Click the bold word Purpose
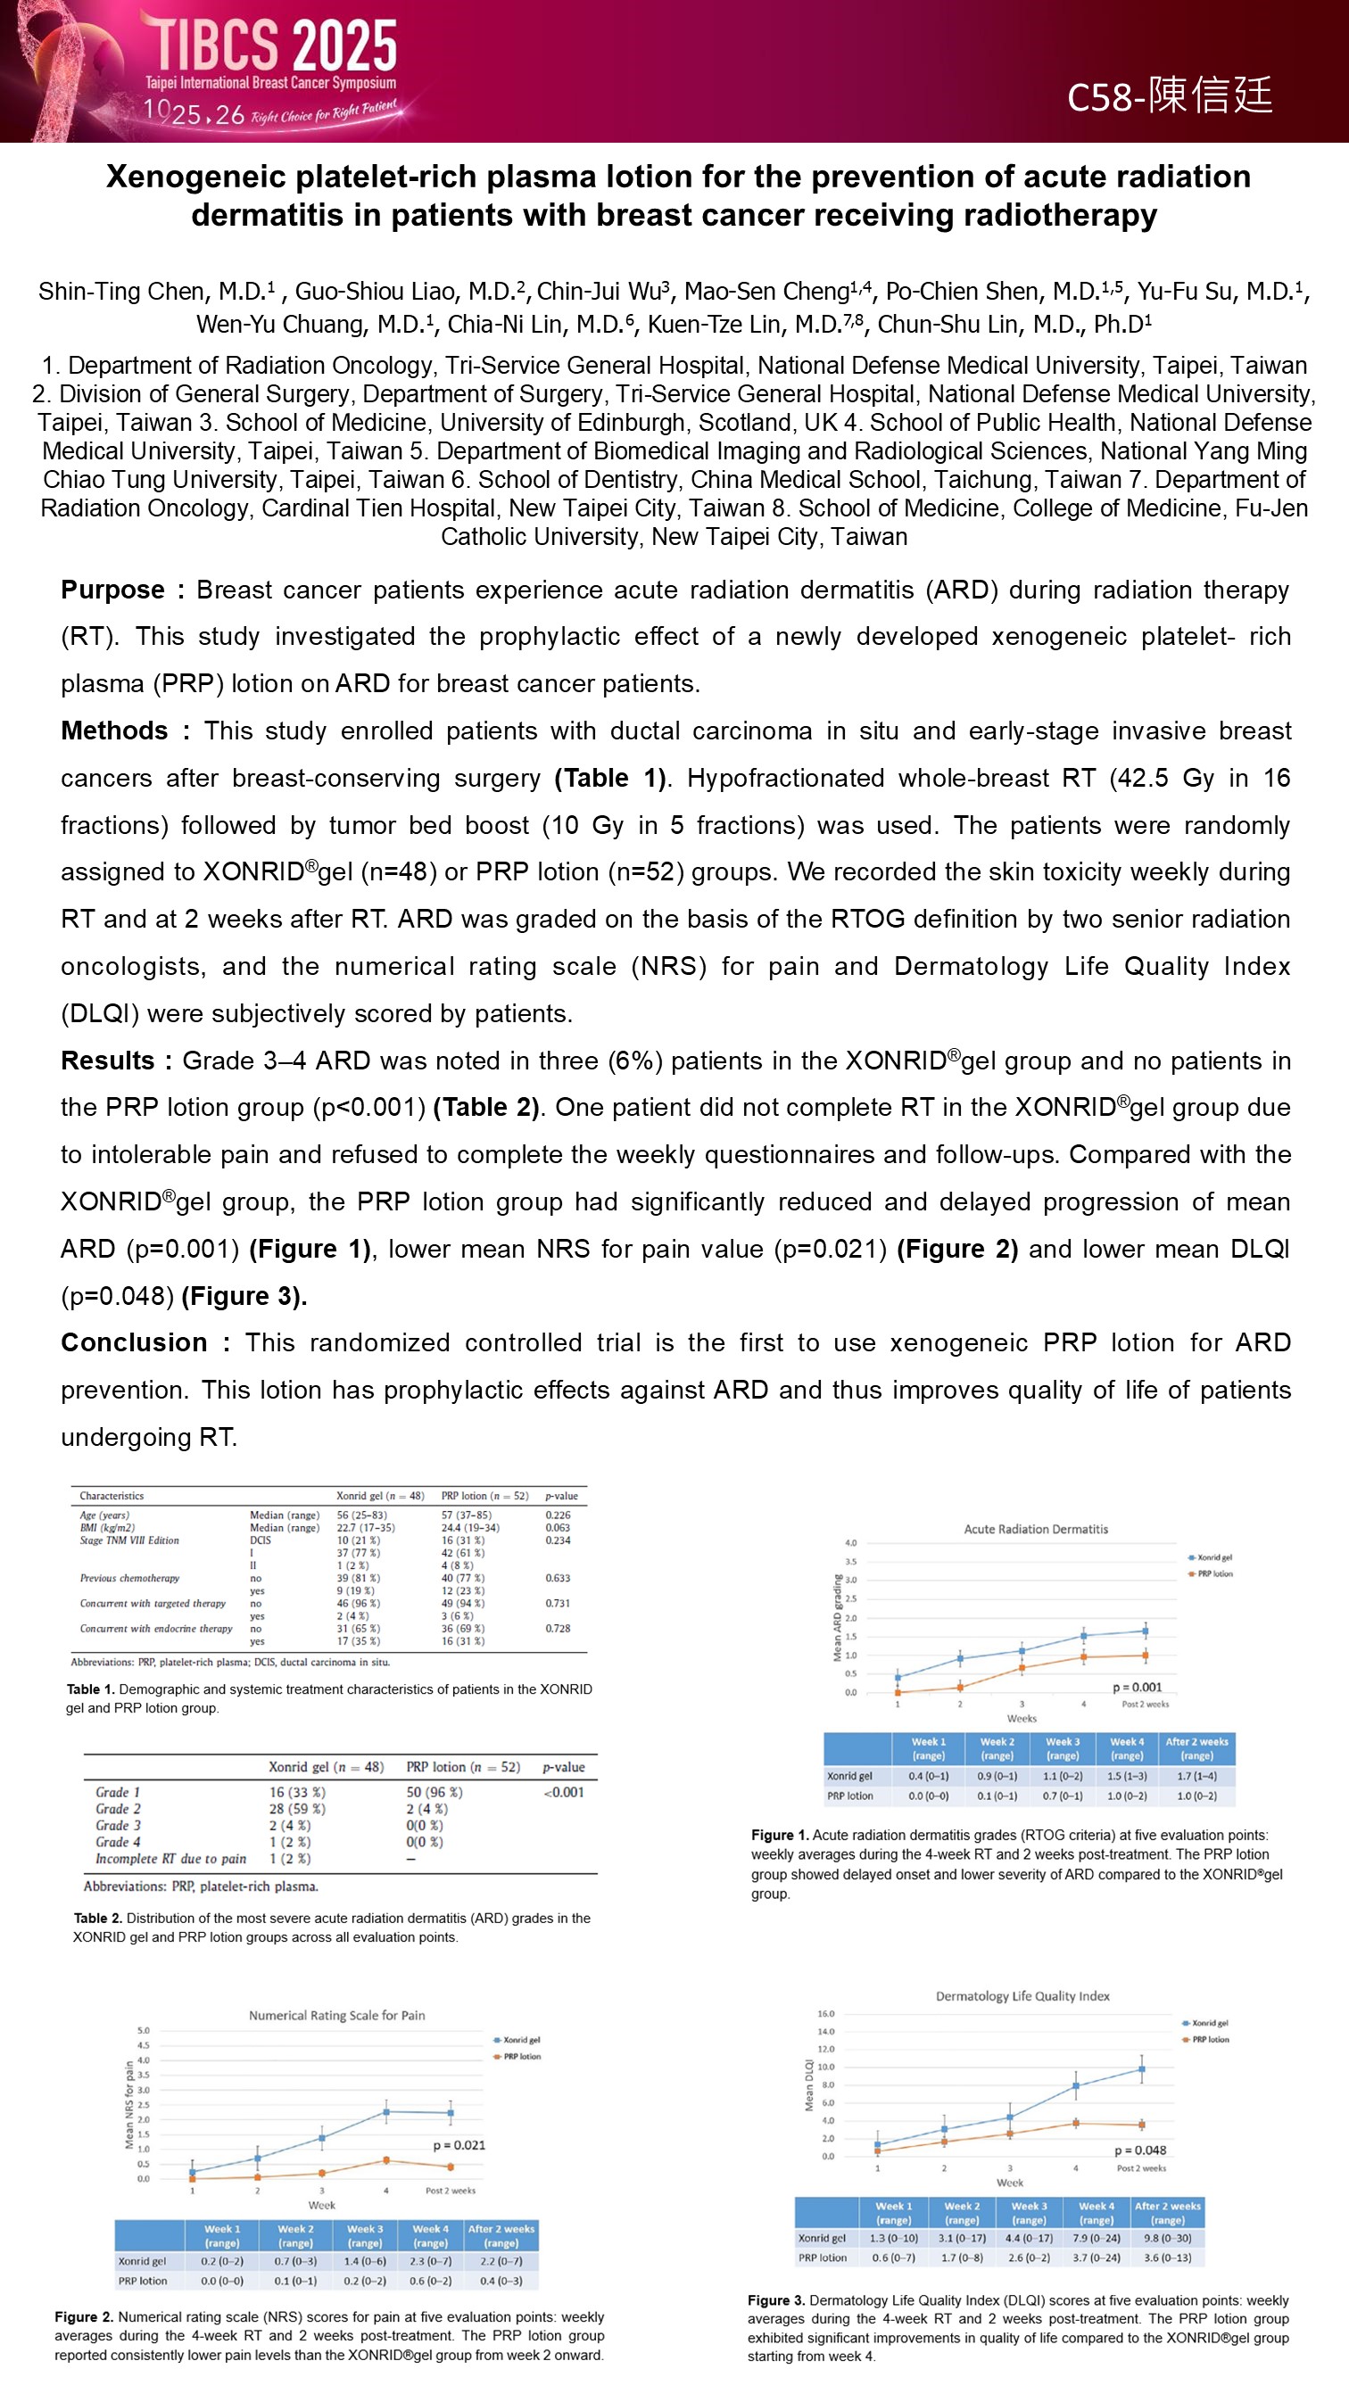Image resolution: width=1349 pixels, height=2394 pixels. (112, 590)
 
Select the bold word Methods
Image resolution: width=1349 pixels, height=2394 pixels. (114, 731)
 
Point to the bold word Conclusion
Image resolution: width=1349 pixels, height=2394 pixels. (134, 1343)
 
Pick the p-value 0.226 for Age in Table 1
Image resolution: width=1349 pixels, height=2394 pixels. (558, 1515)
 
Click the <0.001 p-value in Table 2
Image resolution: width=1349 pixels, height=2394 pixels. (563, 1793)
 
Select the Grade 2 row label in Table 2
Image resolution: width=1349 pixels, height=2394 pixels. (118, 1810)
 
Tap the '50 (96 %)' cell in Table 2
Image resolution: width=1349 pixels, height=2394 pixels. (434, 1793)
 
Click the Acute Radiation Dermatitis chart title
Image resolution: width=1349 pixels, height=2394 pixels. (1036, 1529)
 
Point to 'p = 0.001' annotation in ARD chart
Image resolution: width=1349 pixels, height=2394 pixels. (1137, 1687)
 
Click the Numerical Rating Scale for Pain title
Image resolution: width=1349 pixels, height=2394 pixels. (336, 2015)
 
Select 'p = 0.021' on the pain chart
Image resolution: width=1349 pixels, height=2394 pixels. (459, 2145)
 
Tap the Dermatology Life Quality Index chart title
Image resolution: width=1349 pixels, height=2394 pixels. (1022, 1995)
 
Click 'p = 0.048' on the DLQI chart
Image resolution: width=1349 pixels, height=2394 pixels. (1140, 2150)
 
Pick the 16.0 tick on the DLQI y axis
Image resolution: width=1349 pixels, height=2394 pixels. (825, 2013)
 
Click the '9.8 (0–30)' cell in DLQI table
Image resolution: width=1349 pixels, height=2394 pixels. (1167, 2238)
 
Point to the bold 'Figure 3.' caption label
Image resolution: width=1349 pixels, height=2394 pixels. (776, 2300)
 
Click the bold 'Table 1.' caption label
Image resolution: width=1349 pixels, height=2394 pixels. (90, 1688)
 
